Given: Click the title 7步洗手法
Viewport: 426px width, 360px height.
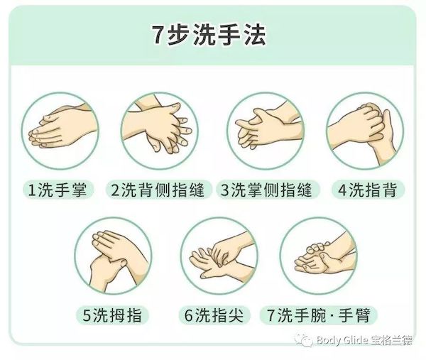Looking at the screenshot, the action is tap(208, 36).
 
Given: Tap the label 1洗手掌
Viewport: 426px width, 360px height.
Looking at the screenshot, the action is tap(58, 190).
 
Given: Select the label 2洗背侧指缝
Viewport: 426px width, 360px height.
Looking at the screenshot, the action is tap(158, 190).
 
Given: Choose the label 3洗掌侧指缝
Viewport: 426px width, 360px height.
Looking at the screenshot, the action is tap(267, 190).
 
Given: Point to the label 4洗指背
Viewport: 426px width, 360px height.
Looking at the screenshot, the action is tap(368, 190).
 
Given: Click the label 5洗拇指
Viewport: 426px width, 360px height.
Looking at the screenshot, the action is tap(112, 315).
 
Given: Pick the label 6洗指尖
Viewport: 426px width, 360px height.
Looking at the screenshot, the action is tap(214, 315).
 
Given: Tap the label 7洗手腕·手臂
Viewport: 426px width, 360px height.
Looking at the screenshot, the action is tap(319, 315).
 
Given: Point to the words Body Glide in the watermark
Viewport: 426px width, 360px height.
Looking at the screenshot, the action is tap(342, 340).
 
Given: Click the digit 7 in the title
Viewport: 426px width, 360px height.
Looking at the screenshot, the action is tap(157, 36).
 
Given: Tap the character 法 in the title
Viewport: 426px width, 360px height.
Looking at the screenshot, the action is tap(254, 36).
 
